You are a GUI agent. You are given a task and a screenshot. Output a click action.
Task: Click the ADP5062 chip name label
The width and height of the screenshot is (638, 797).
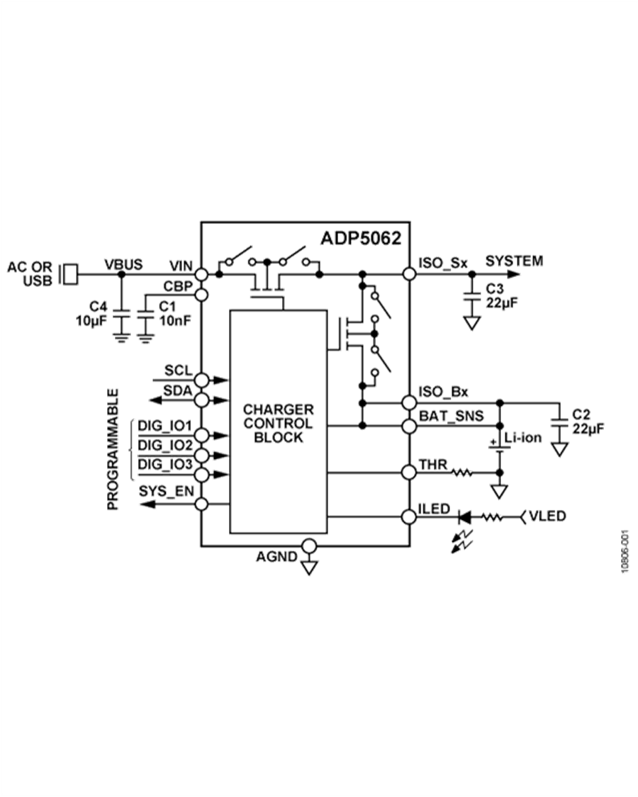[361, 237]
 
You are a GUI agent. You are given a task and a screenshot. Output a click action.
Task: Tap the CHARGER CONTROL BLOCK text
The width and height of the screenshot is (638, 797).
[278, 423]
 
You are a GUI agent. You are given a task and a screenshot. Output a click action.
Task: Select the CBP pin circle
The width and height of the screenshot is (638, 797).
[201, 294]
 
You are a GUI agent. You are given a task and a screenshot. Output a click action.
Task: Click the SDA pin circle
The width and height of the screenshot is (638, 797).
[201, 400]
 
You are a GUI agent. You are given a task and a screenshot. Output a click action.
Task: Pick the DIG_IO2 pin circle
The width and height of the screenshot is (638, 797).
[201, 454]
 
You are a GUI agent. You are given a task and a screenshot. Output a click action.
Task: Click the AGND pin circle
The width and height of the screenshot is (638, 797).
[309, 546]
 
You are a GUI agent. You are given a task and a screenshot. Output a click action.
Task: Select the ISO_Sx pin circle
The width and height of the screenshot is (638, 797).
[409, 273]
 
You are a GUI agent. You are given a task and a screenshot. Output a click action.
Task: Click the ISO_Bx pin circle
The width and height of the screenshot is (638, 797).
[409, 402]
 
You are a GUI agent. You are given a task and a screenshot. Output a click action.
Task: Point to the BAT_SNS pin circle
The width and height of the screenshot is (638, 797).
[409, 425]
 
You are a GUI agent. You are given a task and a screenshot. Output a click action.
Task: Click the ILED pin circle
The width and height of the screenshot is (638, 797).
[409, 517]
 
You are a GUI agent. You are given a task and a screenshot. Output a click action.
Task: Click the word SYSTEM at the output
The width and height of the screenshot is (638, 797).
[514, 261]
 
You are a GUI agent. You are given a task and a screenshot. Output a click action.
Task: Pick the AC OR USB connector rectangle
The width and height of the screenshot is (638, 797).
[69, 273]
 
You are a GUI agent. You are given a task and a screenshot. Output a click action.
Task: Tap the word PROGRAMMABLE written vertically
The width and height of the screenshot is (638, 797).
[113, 449]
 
